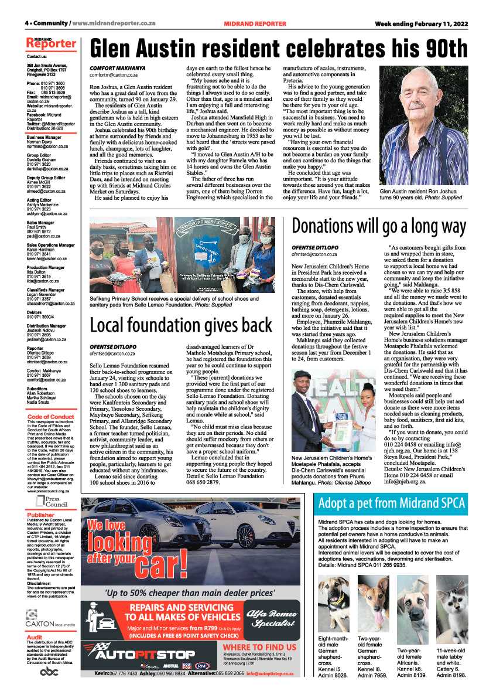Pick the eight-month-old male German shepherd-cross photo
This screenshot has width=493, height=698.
tap(333, 602)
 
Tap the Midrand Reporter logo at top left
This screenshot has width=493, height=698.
tap(51, 44)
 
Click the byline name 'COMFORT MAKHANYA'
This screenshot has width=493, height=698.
tap(117, 69)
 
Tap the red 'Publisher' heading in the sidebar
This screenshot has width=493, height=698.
tap(40, 515)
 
